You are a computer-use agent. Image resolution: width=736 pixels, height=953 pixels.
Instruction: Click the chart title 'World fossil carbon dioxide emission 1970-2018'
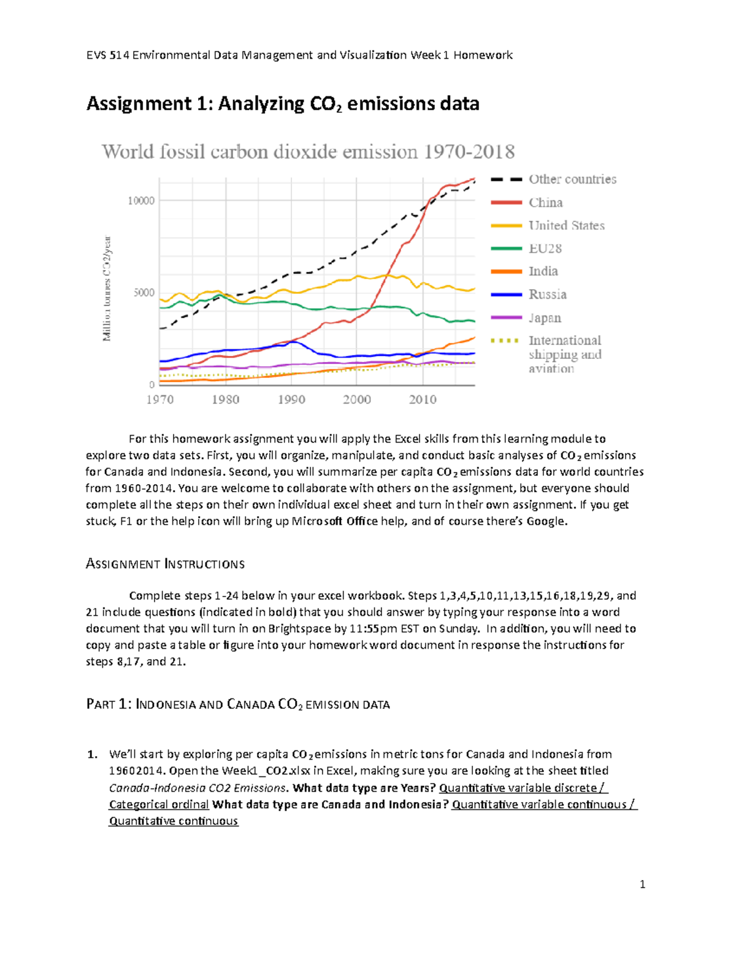point(308,152)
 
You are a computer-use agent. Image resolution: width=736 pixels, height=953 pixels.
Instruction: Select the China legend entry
point(545,203)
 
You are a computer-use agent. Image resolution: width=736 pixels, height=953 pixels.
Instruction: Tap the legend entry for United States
point(566,226)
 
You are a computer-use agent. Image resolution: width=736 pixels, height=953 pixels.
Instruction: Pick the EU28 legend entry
point(545,249)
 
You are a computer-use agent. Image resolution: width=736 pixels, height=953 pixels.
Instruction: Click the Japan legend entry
point(545,318)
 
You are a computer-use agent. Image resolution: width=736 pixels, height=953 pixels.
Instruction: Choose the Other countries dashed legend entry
point(572,179)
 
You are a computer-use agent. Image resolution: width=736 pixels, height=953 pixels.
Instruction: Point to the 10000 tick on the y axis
point(141,201)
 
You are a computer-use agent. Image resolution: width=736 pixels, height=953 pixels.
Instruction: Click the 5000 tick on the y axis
point(144,293)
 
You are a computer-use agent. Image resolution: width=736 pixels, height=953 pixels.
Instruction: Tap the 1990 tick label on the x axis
point(291,399)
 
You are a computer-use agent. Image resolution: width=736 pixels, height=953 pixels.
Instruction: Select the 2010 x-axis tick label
point(423,399)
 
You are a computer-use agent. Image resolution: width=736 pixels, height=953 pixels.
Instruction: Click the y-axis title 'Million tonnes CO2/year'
point(107,288)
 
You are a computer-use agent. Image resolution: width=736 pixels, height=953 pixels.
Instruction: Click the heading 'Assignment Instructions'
point(165,564)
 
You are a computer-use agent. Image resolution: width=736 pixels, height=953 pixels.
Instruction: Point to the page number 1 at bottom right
point(642,884)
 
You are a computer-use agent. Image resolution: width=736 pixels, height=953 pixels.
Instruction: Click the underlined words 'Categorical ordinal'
point(159,804)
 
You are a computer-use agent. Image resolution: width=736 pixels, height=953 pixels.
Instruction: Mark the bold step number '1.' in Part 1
point(92,754)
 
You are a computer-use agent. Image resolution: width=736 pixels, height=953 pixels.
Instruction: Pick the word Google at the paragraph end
point(546,522)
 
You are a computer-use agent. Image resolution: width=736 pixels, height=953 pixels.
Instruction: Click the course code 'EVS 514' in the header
point(107,55)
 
